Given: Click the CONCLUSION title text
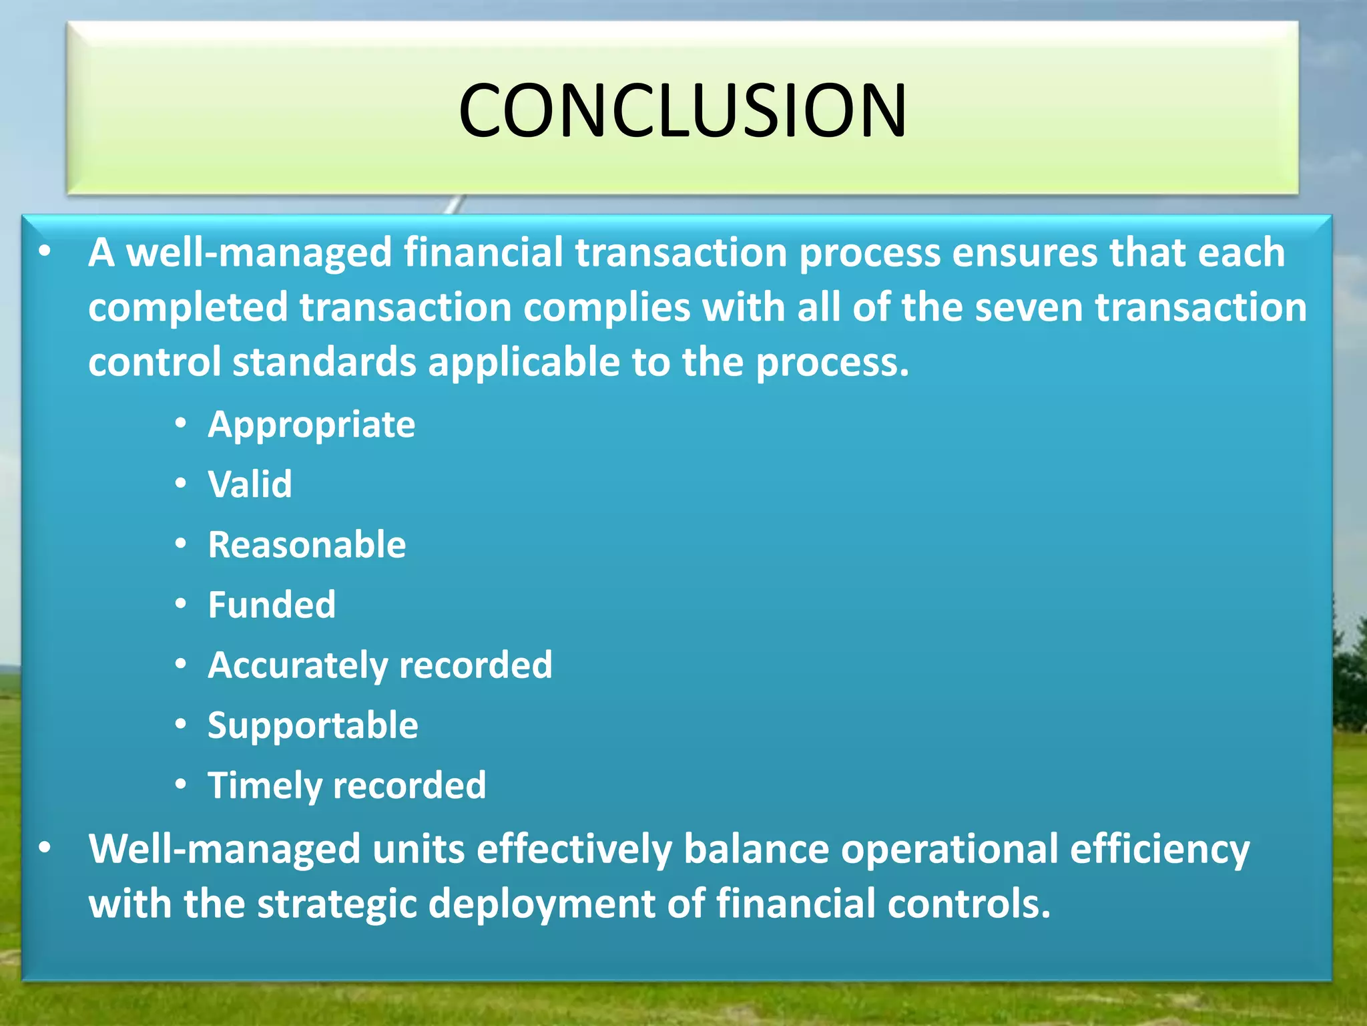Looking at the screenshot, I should click(682, 110).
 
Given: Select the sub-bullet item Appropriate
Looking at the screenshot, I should click(311, 425).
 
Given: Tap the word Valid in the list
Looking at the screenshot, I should click(250, 484).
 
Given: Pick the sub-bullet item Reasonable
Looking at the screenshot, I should click(306, 544).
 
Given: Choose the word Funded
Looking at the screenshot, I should click(271, 605).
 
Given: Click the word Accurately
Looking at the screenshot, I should click(298, 665).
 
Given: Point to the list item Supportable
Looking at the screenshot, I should click(312, 725).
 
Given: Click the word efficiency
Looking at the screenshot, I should click(1159, 850).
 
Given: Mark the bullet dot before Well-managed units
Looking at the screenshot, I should click(45, 848).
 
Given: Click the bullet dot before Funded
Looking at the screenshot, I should click(181, 604).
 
